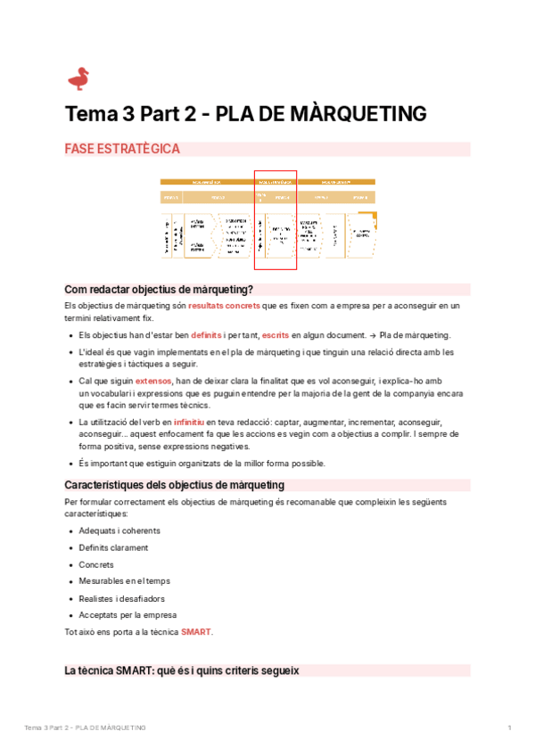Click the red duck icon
tap(78, 78)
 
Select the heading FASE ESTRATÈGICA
tap(122, 149)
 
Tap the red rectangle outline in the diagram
tap(276, 219)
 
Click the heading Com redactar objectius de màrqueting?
tap(160, 289)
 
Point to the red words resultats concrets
tap(224, 305)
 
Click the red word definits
tap(206, 335)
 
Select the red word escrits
tap(275, 335)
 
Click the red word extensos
tap(153, 381)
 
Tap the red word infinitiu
tap(192, 422)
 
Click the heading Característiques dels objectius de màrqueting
tap(175, 485)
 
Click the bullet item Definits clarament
tap(113, 548)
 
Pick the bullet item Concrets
tap(96, 565)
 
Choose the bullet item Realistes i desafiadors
tap(121, 598)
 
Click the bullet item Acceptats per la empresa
tap(128, 615)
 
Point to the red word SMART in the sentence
tap(196, 632)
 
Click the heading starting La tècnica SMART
tap(182, 670)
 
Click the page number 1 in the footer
tap(509, 728)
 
